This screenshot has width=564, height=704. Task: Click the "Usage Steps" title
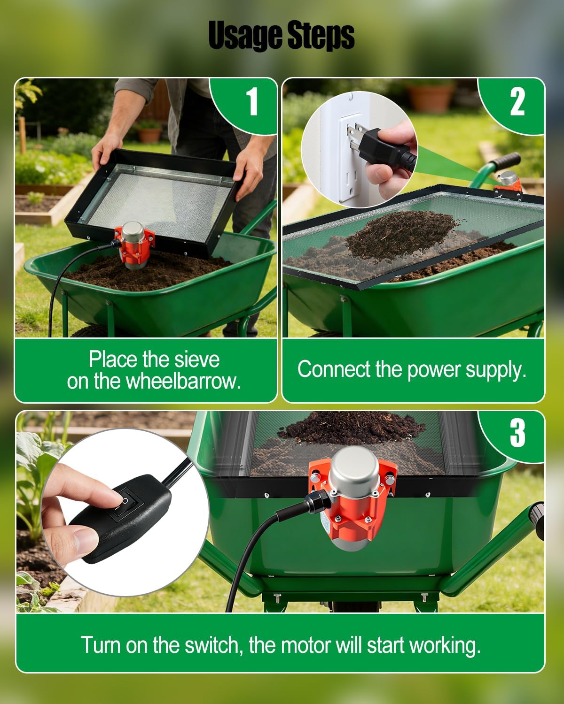click(281, 36)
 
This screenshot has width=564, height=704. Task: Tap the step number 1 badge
click(252, 101)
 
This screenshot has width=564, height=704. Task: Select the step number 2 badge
click(517, 101)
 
